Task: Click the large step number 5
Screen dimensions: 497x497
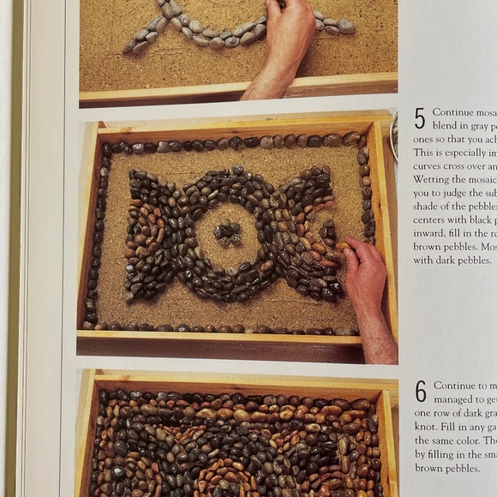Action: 420,118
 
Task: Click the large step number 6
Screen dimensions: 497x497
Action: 421,392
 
